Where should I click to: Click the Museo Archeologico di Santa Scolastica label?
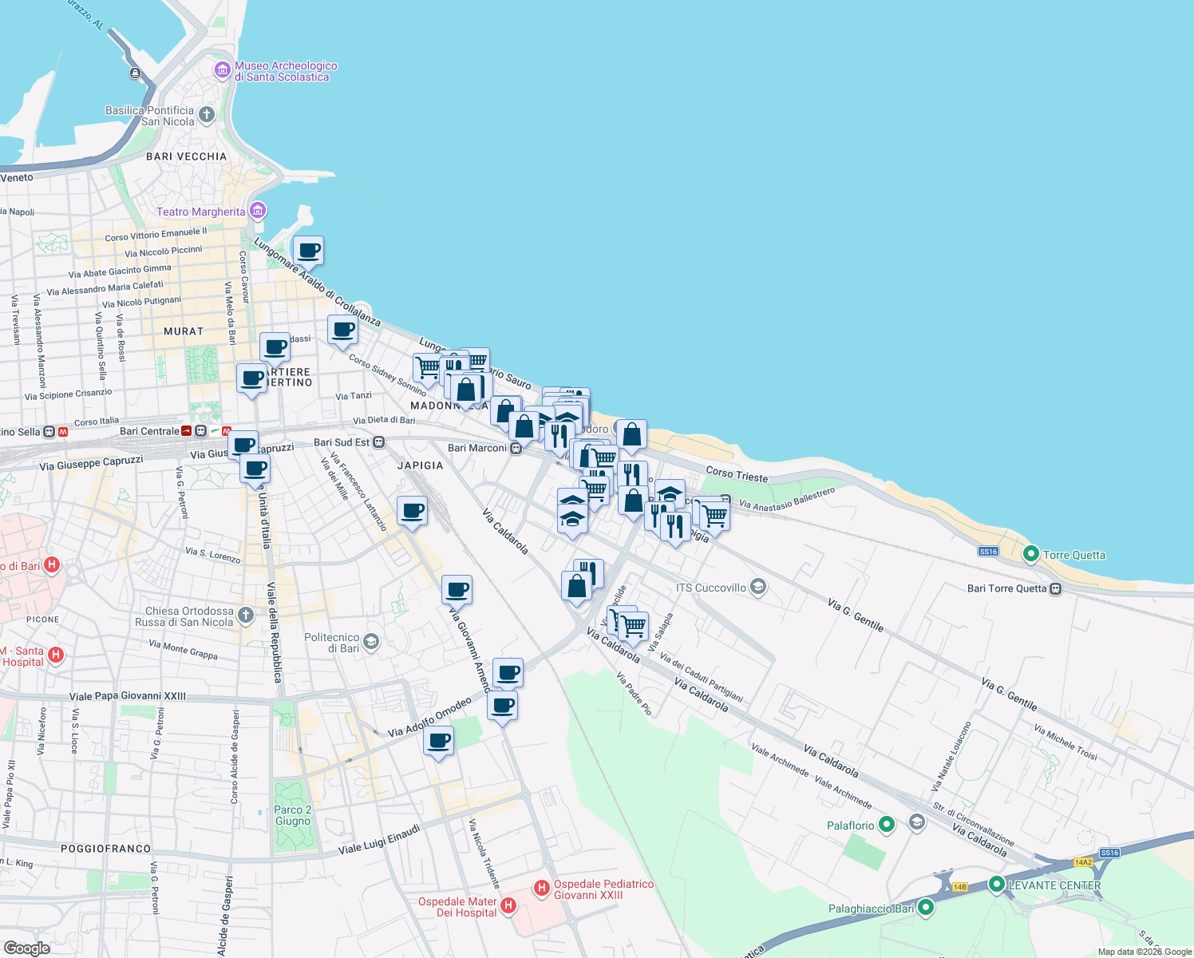click(x=285, y=72)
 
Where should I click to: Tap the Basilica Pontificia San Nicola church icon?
click(x=207, y=115)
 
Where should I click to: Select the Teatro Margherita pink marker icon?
click(x=258, y=211)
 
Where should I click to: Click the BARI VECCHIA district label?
click(x=187, y=156)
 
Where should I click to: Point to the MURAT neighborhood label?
click(x=184, y=331)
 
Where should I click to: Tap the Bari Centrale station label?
click(x=149, y=431)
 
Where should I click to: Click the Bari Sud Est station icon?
click(x=379, y=442)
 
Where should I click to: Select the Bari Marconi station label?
click(x=476, y=448)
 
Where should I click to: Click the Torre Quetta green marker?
click(x=1030, y=554)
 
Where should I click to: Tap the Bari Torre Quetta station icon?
click(x=1056, y=589)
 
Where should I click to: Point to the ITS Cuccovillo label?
click(x=710, y=588)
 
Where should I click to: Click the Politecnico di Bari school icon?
click(x=370, y=641)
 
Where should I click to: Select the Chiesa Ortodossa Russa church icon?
click(x=246, y=615)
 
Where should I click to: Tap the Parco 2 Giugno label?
click(x=292, y=815)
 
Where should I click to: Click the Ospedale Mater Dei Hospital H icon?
click(x=508, y=905)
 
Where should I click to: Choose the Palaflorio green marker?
click(x=887, y=825)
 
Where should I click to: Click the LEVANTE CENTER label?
click(x=1054, y=885)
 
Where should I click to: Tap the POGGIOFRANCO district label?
click(x=105, y=849)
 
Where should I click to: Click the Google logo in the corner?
click(x=27, y=948)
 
